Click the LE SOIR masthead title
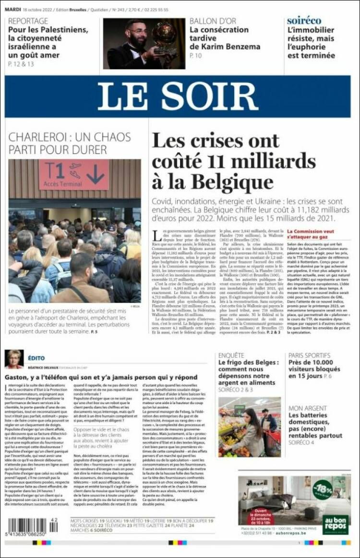tap(177, 96)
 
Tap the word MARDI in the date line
tap(13, 9)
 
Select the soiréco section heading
tap(304, 21)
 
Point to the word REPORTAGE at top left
tap(28, 21)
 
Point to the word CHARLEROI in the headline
tap(37, 137)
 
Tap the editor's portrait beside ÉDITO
tap(13, 359)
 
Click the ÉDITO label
tap(36, 358)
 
